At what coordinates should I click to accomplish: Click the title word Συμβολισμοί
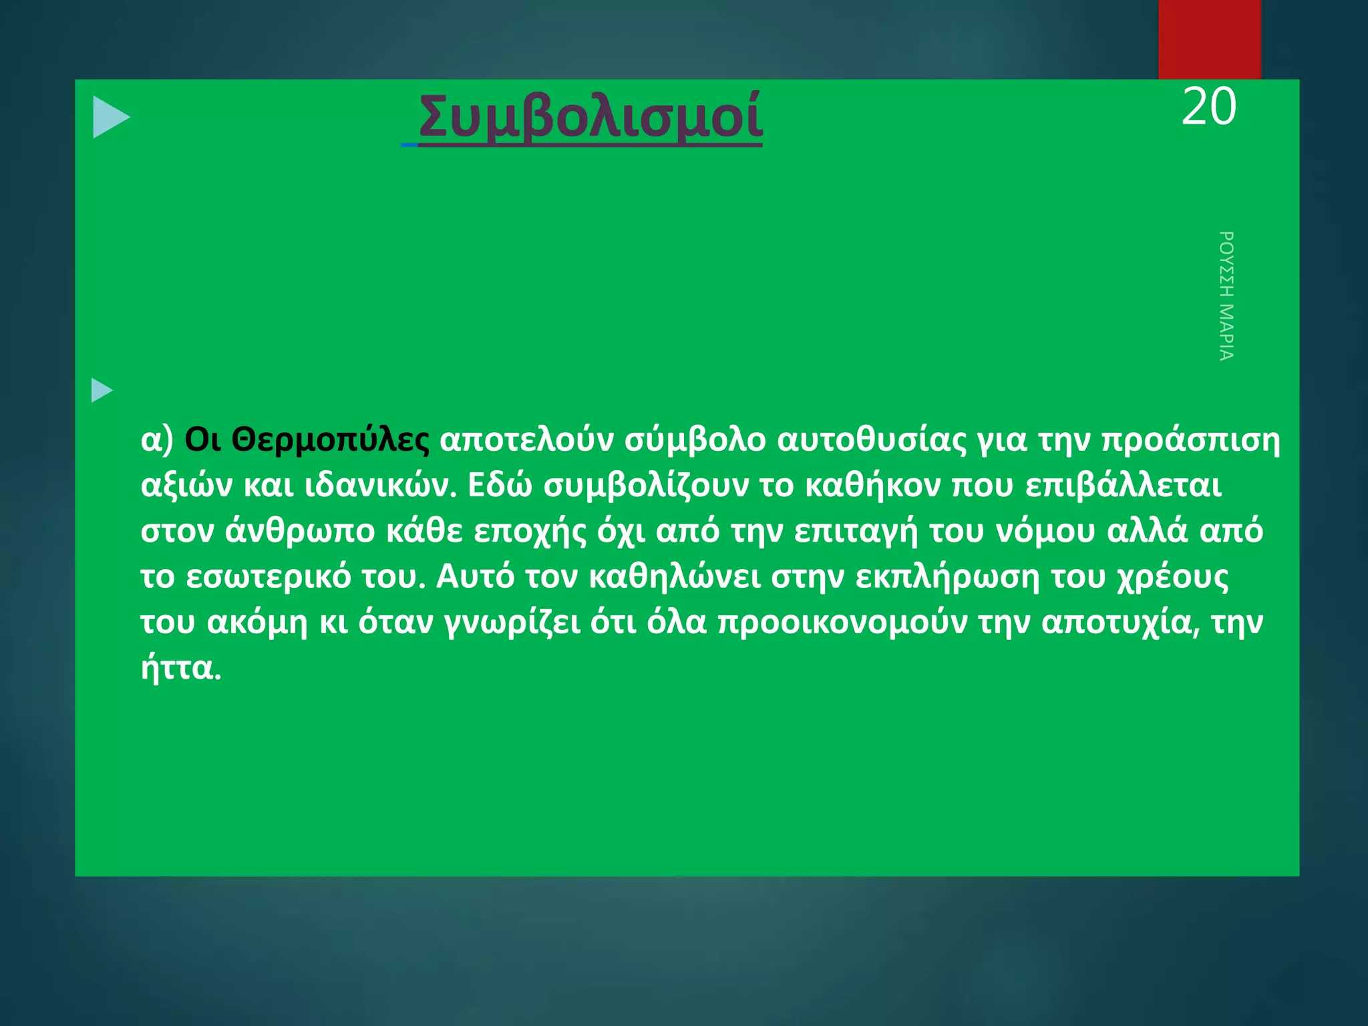pyautogui.click(x=590, y=117)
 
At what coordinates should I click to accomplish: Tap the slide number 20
pyautogui.click(x=1208, y=107)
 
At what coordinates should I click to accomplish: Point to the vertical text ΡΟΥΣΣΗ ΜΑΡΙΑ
pyautogui.click(x=1226, y=296)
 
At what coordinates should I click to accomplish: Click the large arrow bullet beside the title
pyautogui.click(x=111, y=118)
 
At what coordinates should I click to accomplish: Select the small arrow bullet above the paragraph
pyautogui.click(x=102, y=390)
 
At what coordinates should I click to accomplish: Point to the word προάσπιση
pyautogui.click(x=1190, y=440)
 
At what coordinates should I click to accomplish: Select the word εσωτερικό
pyautogui.click(x=268, y=577)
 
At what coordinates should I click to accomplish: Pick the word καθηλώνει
pyautogui.click(x=675, y=577)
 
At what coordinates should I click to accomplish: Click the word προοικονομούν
pyautogui.click(x=842, y=623)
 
